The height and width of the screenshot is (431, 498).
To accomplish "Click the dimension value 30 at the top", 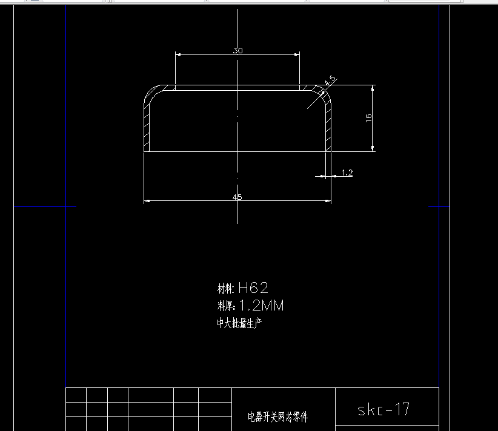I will pyautogui.click(x=237, y=51).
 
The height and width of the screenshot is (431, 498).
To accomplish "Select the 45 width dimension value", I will pyautogui.click(x=237, y=197).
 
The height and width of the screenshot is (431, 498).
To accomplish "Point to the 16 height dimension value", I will pyautogui.click(x=368, y=118).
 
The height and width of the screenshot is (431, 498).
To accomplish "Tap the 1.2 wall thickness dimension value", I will pyautogui.click(x=347, y=173).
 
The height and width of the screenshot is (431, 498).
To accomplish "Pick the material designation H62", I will pyautogui.click(x=253, y=288).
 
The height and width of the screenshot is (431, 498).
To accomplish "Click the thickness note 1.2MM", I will pyautogui.click(x=261, y=306).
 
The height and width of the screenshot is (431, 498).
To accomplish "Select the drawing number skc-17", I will pyautogui.click(x=383, y=410).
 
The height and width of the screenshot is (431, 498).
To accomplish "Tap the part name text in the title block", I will pyautogui.click(x=277, y=417).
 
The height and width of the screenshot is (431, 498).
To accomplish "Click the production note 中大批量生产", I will pyautogui.click(x=239, y=323).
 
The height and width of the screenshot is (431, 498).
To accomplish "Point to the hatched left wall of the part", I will pyautogui.click(x=147, y=127).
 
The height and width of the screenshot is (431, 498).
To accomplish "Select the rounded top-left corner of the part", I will pyautogui.click(x=153, y=94).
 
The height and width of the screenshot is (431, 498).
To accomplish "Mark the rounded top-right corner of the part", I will pyautogui.click(x=323, y=93).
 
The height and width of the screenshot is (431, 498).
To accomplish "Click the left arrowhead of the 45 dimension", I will pyautogui.click(x=147, y=201).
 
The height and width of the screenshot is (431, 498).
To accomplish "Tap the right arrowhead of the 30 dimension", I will pyautogui.click(x=297, y=54).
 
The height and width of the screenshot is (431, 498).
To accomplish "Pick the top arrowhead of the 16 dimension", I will pyautogui.click(x=373, y=88).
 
